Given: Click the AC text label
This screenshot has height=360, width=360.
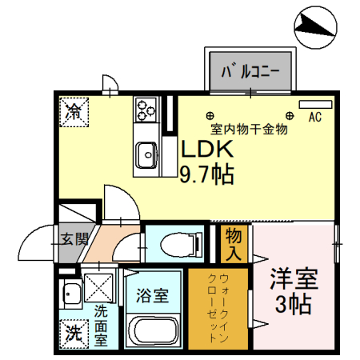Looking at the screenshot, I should [314, 118].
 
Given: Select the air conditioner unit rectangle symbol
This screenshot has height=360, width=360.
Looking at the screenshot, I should [314, 104].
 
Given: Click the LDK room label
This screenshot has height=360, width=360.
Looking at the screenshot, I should [206, 150].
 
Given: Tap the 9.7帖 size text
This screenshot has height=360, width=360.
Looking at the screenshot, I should [206, 174].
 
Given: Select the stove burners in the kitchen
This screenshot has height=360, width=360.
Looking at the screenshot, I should [146, 108].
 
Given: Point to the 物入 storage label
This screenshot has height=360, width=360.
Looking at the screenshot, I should [234, 244].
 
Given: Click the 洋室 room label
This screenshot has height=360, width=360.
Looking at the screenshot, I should [293, 281].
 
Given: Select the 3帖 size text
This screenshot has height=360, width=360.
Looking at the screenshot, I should [293, 306].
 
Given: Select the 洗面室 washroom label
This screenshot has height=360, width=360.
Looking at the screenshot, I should [102, 325].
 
